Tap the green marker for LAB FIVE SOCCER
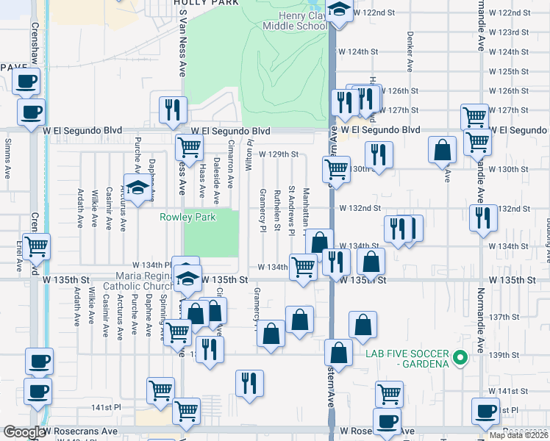(x=460, y=359)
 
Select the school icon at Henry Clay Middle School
(x=338, y=10)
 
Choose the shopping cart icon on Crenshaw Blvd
(x=35, y=248)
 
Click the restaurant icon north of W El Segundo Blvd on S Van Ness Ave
(x=173, y=110)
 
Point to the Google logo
(x=24, y=432)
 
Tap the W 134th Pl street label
(x=151, y=265)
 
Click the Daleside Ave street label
(x=216, y=181)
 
